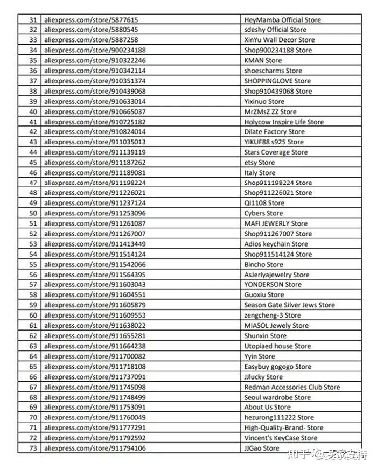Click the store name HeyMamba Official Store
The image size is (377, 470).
tap(282, 20)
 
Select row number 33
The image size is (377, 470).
tap(33, 40)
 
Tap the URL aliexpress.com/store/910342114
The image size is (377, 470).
tap(95, 71)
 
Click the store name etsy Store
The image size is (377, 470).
tap(259, 163)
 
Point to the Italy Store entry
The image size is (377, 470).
tap(260, 173)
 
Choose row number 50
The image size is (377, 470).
tap(33, 213)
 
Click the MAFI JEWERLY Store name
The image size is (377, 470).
tap(276, 223)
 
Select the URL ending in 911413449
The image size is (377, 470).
tap(95, 244)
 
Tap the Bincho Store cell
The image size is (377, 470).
tap(263, 264)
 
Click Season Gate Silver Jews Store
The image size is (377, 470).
tap(289, 305)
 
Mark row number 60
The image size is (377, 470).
tap(33, 315)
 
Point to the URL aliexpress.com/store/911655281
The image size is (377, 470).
tap(95, 336)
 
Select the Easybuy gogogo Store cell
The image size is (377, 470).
tap(277, 367)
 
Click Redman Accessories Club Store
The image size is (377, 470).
tap(292, 387)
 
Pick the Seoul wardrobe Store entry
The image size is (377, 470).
tap(277, 397)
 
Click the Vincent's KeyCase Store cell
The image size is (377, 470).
tap(281, 438)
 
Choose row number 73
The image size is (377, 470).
tap(33, 448)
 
